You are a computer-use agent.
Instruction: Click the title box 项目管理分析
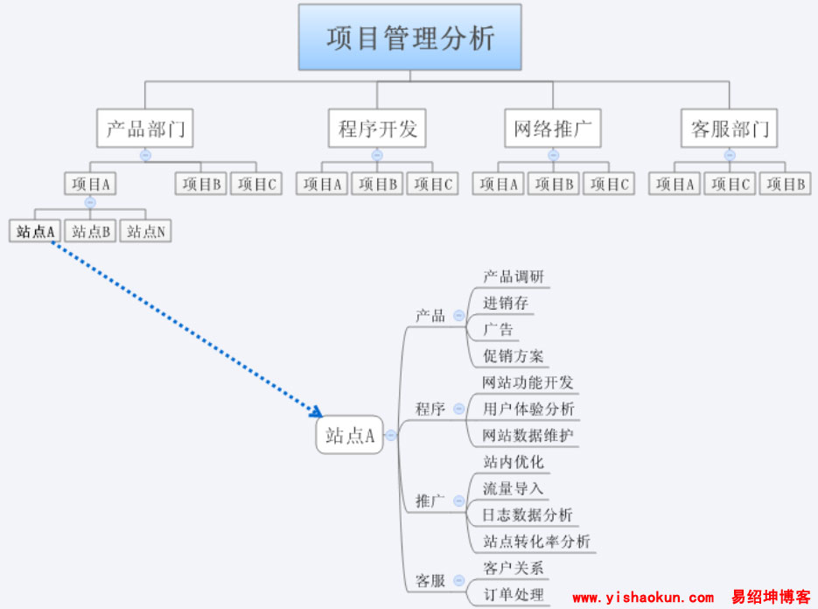[409, 38]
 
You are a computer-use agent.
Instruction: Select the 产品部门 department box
[144, 129]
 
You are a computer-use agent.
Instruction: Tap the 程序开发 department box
[377, 129]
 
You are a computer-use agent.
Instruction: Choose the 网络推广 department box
[553, 129]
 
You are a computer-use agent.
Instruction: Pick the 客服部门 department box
[729, 129]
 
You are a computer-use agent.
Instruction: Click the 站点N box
[147, 231]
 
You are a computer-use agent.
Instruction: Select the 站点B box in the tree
[91, 231]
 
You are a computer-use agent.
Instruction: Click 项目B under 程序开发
[378, 184]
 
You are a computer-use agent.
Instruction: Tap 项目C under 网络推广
[609, 184]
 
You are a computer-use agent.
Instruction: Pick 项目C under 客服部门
[730, 184]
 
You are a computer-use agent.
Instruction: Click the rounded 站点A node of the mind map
[350, 435]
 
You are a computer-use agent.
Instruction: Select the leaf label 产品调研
[514, 276]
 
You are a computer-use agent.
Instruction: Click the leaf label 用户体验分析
[528, 409]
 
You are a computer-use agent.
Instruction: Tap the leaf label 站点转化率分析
[536, 542]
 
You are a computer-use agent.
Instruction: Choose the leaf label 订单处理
[514, 595]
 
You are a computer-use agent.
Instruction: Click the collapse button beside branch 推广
[458, 501]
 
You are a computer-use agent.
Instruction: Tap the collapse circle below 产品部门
[145, 155]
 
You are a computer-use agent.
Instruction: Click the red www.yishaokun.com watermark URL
[643, 598]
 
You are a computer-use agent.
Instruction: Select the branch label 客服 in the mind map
[430, 581]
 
